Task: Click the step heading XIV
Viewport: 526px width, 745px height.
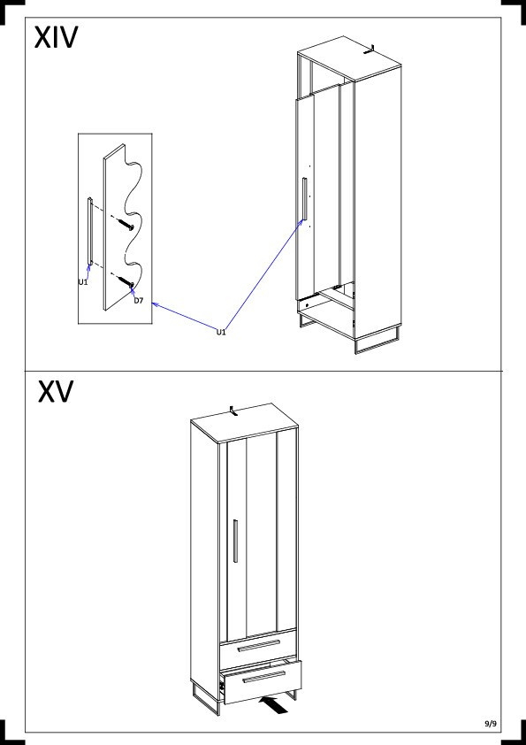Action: click(x=56, y=37)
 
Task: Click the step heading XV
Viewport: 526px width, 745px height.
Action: click(x=56, y=391)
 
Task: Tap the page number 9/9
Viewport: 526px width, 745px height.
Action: click(x=491, y=724)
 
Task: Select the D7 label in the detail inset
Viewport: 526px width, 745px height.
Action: click(x=138, y=300)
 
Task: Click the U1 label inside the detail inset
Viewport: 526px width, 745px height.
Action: click(x=83, y=281)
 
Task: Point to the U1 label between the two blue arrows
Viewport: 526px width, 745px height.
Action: click(x=221, y=332)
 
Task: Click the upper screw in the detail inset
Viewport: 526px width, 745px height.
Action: click(x=124, y=223)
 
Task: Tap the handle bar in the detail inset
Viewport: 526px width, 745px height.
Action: click(x=89, y=232)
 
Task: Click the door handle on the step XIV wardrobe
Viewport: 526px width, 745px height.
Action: click(x=304, y=198)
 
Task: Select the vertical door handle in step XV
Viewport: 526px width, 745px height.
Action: click(x=235, y=541)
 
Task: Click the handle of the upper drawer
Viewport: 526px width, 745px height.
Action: click(x=259, y=645)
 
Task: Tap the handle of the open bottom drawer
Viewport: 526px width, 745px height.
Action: click(x=264, y=677)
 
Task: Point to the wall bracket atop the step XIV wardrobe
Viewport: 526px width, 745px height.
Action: click(x=370, y=50)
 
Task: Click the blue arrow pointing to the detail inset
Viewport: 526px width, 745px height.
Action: click(x=184, y=316)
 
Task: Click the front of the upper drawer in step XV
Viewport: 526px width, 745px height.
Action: click(x=258, y=648)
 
